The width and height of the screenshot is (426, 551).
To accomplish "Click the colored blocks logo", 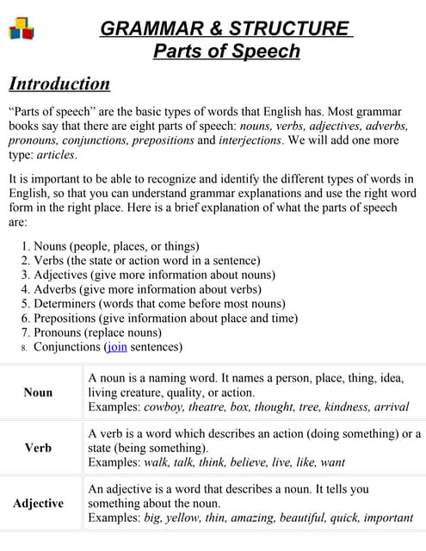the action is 22,29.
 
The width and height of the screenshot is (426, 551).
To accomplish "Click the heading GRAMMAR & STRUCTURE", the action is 226,28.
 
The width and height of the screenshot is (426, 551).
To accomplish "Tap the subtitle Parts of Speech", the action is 226,51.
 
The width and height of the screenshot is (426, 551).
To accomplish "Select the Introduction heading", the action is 59,84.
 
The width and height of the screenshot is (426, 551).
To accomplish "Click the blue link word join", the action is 116,347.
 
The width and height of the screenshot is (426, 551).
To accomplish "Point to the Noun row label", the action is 38,392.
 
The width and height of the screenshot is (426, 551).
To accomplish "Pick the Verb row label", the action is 38,448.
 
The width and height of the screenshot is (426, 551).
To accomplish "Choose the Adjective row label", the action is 38,503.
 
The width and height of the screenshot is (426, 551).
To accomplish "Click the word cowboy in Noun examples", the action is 164,406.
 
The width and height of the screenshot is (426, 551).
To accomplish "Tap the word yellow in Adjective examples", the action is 197,517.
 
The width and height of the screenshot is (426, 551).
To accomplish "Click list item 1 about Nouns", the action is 110,246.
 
